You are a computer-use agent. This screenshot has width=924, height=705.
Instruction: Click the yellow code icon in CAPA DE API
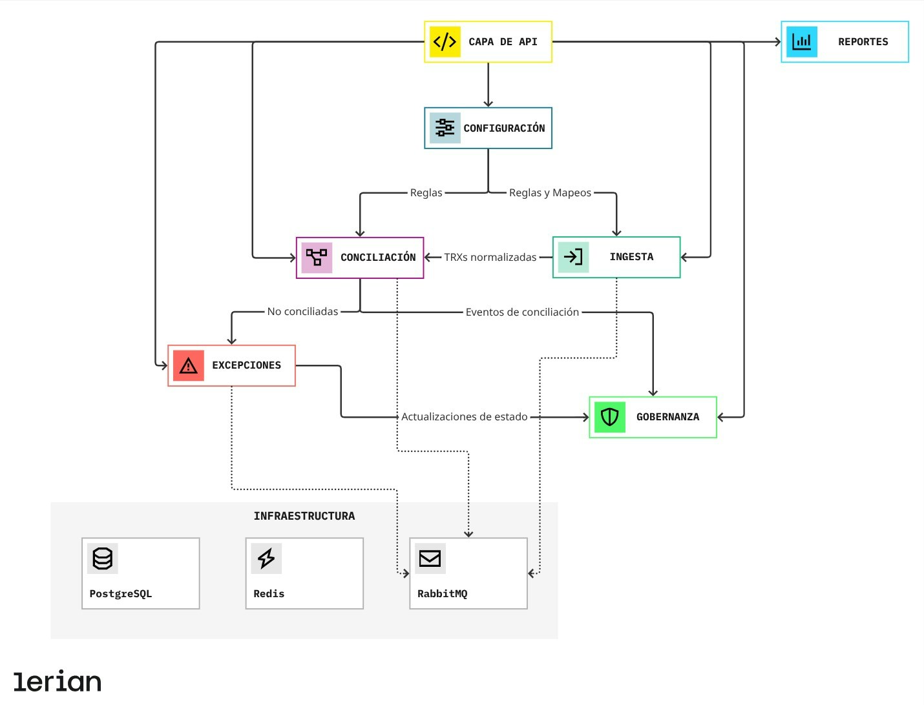pyautogui.click(x=445, y=42)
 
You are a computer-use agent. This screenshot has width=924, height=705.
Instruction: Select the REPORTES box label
pyautogui.click(x=863, y=42)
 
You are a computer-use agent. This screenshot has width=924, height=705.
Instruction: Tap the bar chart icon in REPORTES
pyautogui.click(x=802, y=42)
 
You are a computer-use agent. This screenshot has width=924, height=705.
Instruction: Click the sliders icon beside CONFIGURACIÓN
pyautogui.click(x=445, y=128)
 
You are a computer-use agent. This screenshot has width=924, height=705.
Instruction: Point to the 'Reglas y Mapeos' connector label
pyautogui.click(x=550, y=193)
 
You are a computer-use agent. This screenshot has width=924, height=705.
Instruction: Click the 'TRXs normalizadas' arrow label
pyautogui.click(x=490, y=258)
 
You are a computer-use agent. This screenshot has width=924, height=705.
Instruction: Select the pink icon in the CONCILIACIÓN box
pyautogui.click(x=317, y=258)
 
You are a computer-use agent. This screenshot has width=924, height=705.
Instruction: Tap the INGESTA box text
pyautogui.click(x=631, y=257)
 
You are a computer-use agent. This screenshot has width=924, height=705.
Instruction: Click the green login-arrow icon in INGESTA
pyautogui.click(x=573, y=257)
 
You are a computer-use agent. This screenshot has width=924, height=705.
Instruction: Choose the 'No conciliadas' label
pyautogui.click(x=302, y=312)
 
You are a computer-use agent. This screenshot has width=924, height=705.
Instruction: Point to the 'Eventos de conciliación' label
pyautogui.click(x=522, y=312)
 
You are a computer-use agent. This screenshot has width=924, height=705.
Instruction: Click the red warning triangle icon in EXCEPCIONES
pyautogui.click(x=188, y=365)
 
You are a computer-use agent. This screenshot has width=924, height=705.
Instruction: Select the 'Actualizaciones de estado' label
pyautogui.click(x=464, y=417)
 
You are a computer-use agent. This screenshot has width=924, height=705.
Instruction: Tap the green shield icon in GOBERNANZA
pyautogui.click(x=609, y=417)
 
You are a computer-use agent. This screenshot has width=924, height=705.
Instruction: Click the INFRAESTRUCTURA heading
pyautogui.click(x=304, y=516)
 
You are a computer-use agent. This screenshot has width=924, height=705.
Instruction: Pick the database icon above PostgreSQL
pyautogui.click(x=103, y=558)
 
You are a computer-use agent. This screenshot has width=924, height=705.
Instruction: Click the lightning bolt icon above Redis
pyautogui.click(x=266, y=558)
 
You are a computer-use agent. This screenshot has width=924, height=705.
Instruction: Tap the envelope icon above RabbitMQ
pyautogui.click(x=430, y=558)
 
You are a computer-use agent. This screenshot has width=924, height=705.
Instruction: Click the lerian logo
pyautogui.click(x=58, y=681)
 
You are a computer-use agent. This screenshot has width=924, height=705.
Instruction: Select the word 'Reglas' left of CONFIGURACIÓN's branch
pyautogui.click(x=426, y=193)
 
